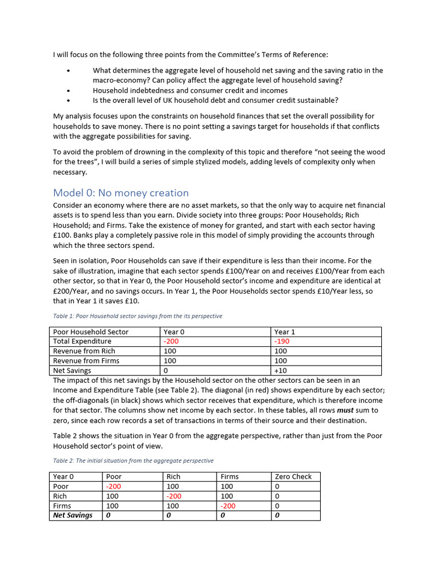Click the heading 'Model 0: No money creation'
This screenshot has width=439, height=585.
click(x=121, y=193)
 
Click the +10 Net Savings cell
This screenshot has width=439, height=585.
click(x=281, y=370)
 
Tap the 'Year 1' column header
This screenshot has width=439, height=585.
click(x=285, y=331)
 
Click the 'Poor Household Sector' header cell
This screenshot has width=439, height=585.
click(x=90, y=331)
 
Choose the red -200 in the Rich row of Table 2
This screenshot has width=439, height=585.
click(x=174, y=496)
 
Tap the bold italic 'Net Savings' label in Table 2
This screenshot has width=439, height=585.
click(x=73, y=515)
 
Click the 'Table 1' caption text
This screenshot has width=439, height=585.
click(x=137, y=316)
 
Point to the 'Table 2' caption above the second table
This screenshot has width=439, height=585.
click(x=133, y=460)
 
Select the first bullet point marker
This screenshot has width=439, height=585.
click(x=68, y=71)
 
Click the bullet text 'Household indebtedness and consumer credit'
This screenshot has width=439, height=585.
click(x=190, y=90)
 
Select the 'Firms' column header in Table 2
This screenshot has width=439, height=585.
click(x=229, y=476)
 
